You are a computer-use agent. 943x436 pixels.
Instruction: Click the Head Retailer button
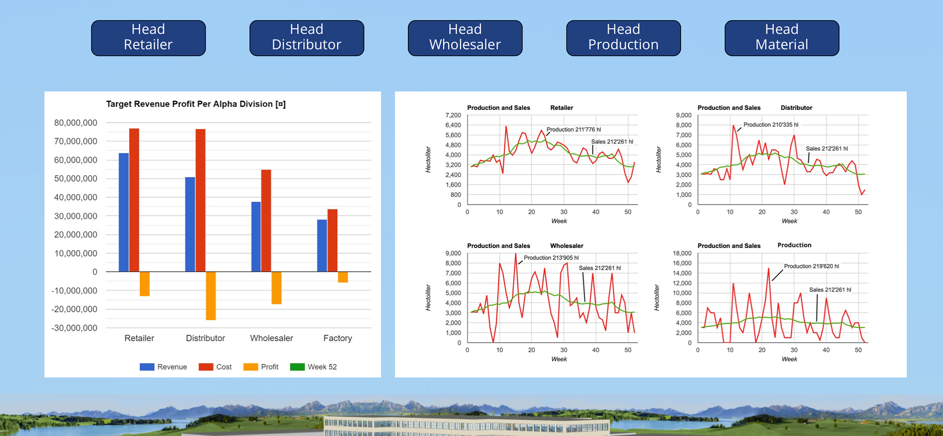click(x=148, y=38)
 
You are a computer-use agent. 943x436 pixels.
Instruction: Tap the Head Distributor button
click(x=307, y=38)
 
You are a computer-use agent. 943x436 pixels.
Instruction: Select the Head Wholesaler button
click(x=465, y=38)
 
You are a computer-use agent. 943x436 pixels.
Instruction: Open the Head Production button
click(x=624, y=38)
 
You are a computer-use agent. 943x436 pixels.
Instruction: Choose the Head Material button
click(x=782, y=38)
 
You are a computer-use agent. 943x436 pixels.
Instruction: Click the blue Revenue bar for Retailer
click(x=124, y=212)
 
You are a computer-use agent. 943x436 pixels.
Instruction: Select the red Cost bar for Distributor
click(x=201, y=200)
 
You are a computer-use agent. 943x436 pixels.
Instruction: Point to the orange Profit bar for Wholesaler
click(x=276, y=288)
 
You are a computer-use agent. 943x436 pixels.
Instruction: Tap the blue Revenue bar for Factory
click(x=322, y=246)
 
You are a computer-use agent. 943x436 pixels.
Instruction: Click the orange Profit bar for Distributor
click(x=211, y=296)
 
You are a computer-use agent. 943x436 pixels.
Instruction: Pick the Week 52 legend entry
click(x=313, y=367)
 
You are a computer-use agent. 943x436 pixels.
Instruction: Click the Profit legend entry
click(x=261, y=367)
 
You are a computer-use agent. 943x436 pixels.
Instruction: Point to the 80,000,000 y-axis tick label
click(x=76, y=123)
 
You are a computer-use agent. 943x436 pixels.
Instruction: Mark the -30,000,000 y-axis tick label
click(x=74, y=328)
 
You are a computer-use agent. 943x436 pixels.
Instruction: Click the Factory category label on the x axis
click(x=337, y=338)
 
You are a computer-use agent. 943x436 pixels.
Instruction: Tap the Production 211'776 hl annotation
click(x=574, y=130)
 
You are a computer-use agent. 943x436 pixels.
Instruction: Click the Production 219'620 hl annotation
click(x=811, y=266)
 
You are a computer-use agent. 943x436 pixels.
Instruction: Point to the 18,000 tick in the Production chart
click(x=682, y=253)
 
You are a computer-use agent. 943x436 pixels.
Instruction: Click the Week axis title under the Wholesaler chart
click(x=559, y=359)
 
